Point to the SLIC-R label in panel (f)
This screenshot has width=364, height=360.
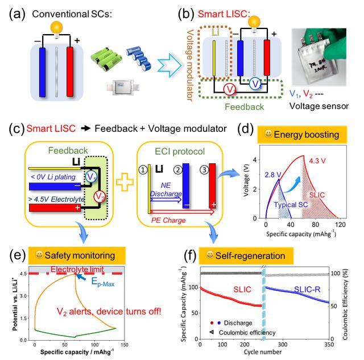310,290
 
